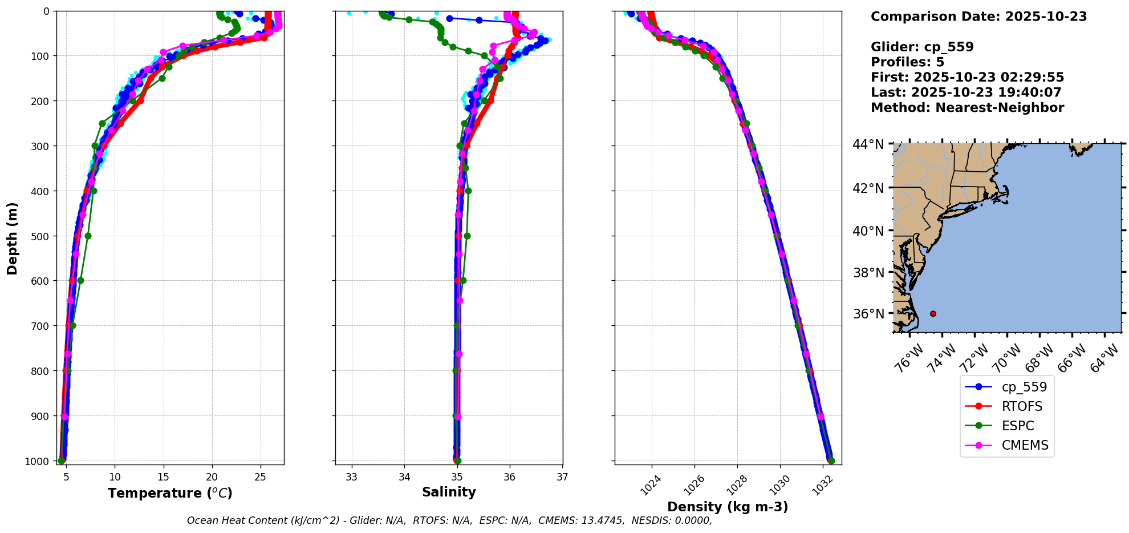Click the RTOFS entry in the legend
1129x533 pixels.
pyautogui.click(x=1022, y=406)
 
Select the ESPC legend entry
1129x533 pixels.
pyautogui.click(x=1017, y=426)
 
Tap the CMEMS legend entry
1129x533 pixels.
pyautogui.click(x=1025, y=445)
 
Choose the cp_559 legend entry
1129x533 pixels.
pyautogui.click(x=1024, y=387)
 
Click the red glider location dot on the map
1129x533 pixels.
pyautogui.click(x=933, y=313)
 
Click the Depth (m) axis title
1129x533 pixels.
pyautogui.click(x=12, y=238)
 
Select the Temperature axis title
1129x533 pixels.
pyautogui.click(x=170, y=493)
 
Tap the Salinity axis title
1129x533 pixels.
pyautogui.click(x=449, y=492)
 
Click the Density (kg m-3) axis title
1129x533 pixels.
pyautogui.click(x=728, y=507)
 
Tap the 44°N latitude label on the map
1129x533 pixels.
pyautogui.click(x=868, y=144)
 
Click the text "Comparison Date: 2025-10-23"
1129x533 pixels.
pyautogui.click(x=978, y=17)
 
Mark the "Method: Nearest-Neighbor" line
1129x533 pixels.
pyautogui.click(x=967, y=108)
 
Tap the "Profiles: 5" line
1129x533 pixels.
pyautogui.click(x=907, y=62)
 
